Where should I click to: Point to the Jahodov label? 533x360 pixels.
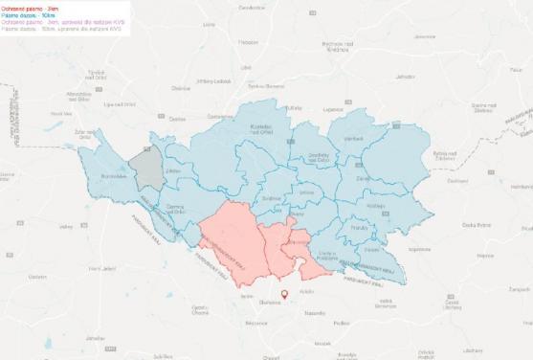(406, 75)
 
